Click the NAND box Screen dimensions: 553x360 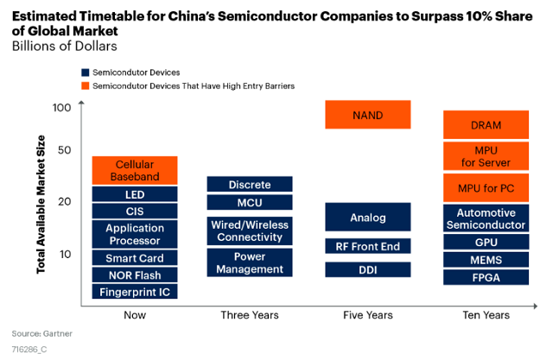tap(368, 115)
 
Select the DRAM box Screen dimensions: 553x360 tap(486, 124)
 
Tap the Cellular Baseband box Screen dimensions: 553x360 tap(135, 170)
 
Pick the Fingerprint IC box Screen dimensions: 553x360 tap(135, 292)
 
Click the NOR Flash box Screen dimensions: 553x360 tap(135, 275)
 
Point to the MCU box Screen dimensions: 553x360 tap(250, 203)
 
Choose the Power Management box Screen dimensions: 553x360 tap(250, 262)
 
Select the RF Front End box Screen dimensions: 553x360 tap(368, 246)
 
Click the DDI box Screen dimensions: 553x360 tap(368, 269)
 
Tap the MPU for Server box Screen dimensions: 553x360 tap(486, 156)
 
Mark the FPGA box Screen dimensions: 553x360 tap(486, 277)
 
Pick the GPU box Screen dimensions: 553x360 tap(486, 242)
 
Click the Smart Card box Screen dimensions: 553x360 tap(135, 258)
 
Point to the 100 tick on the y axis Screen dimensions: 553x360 tap(61, 107)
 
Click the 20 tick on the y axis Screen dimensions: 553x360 tap(64, 201)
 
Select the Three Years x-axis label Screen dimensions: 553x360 tap(250, 315)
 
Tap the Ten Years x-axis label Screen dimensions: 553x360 tap(486, 315)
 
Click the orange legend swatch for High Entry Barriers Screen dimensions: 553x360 tap(85, 86)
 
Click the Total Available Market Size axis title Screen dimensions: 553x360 tap(41, 205)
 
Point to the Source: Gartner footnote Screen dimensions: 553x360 tap(42, 333)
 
